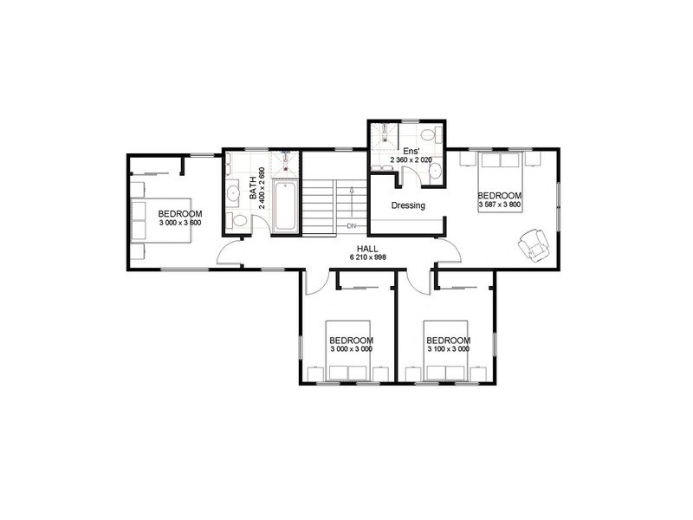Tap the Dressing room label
click(408, 206)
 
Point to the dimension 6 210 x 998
click(366, 257)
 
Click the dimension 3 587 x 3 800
click(499, 205)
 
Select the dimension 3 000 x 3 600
click(180, 223)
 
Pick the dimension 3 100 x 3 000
click(447, 349)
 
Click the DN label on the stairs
click(352, 227)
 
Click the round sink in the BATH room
click(232, 192)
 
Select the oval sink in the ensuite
click(434, 172)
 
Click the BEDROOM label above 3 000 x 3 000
click(351, 340)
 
